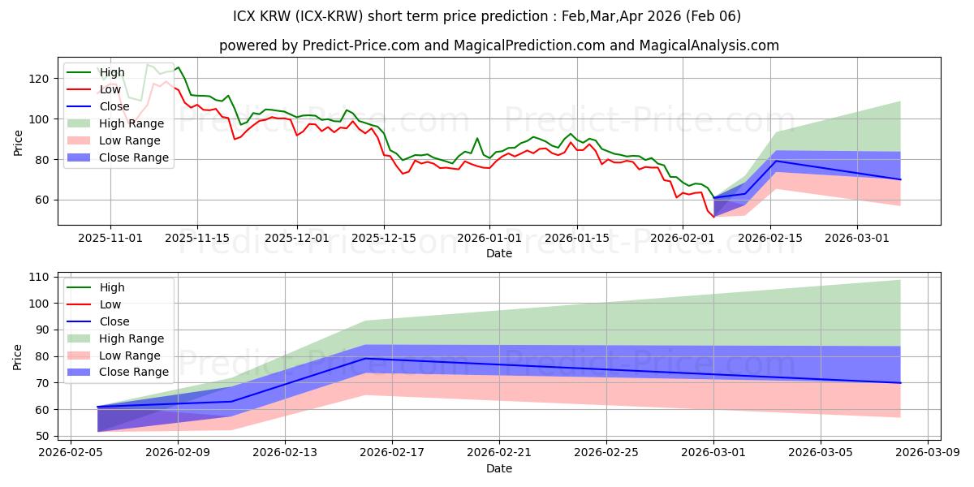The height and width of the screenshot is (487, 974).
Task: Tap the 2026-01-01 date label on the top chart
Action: [489, 238]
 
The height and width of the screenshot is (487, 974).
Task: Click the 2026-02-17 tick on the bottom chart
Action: [392, 452]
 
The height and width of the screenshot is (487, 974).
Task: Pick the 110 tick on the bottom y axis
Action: [39, 277]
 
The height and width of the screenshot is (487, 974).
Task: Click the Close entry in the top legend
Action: [114, 106]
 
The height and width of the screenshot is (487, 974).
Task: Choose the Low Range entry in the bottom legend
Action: [130, 356]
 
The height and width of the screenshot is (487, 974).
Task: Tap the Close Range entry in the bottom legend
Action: [134, 372]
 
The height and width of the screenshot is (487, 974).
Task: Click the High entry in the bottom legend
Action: [112, 287]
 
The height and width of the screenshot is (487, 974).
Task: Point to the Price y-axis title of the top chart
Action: [18, 142]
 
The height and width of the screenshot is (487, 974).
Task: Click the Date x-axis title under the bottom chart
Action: [498, 468]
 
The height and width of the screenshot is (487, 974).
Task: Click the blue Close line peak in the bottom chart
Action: [365, 358]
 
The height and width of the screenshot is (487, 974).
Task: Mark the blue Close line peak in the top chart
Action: [777, 161]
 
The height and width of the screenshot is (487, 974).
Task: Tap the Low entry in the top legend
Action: [110, 89]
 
